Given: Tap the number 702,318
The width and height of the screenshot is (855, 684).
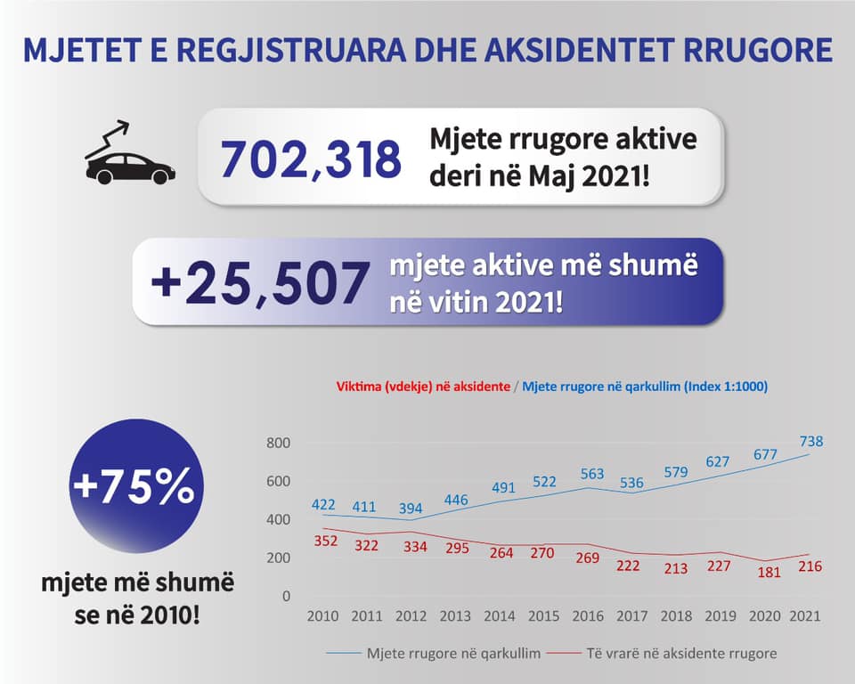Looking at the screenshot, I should pyautogui.click(x=311, y=159).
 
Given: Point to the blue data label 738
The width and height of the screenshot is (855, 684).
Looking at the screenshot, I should pyautogui.click(x=810, y=441).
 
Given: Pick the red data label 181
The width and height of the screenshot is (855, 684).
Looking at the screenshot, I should pyautogui.click(x=769, y=572).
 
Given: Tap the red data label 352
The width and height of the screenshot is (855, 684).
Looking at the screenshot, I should pyautogui.click(x=326, y=541).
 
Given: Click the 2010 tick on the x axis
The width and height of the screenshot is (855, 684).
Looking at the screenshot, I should pyautogui.click(x=322, y=615).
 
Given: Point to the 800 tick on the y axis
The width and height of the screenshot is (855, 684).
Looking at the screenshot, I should pyautogui.click(x=280, y=444).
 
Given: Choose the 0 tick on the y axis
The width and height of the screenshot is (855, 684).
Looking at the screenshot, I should pyautogui.click(x=286, y=596).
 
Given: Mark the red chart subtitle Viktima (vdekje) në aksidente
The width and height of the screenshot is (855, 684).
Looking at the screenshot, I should pyautogui.click(x=423, y=387).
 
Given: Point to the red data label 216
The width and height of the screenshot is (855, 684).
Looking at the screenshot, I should pyautogui.click(x=809, y=566).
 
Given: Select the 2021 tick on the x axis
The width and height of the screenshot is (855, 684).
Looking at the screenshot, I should pyautogui.click(x=805, y=615).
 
